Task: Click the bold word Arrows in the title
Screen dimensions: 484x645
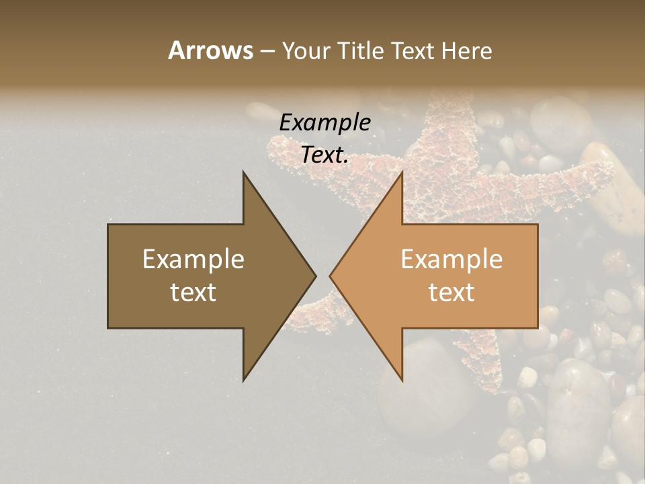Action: pos(210,50)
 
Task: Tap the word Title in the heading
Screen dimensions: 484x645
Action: pos(360,51)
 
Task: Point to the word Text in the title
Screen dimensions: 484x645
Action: pos(414,51)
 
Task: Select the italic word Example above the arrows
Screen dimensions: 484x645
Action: pos(325,123)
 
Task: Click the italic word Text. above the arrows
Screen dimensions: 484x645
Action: pos(325,155)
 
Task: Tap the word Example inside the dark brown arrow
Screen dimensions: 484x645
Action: pos(193,259)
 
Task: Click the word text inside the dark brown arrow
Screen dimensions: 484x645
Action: pos(193,292)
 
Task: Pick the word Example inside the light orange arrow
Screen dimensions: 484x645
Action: pos(451,259)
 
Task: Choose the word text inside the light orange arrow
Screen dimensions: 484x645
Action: pos(451,292)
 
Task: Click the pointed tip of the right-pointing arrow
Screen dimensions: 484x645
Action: pos(315,276)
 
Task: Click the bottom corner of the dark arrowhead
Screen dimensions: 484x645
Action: pos(244,380)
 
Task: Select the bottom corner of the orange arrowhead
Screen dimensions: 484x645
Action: pos(402,380)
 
